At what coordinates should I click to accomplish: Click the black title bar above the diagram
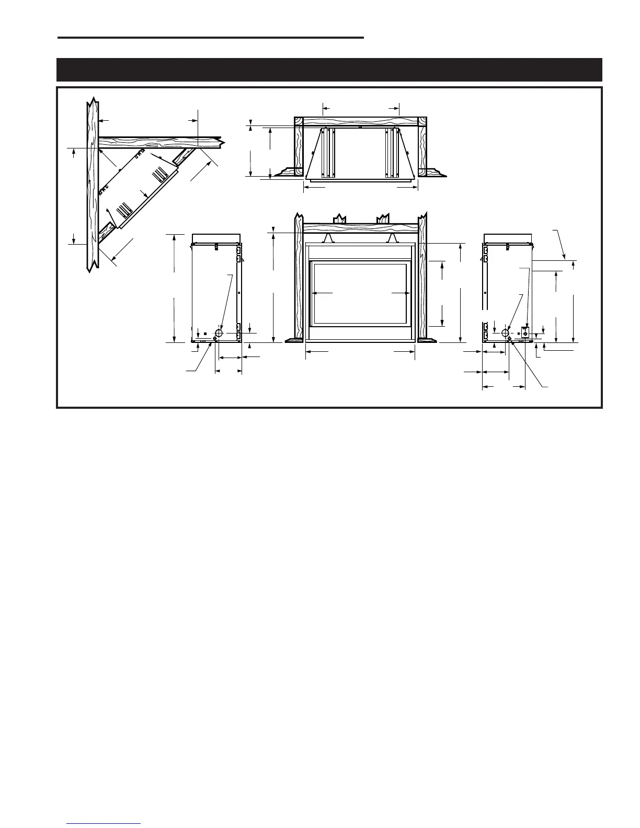pyautogui.click(x=329, y=70)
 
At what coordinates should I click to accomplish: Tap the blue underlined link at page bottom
pyautogui.click(x=104, y=824)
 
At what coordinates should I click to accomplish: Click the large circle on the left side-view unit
pyautogui.click(x=219, y=333)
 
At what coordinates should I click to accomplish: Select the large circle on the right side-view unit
pyautogui.click(x=505, y=333)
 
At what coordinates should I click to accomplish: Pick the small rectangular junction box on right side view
pyautogui.click(x=525, y=332)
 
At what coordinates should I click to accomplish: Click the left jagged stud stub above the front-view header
pyautogui.click(x=340, y=218)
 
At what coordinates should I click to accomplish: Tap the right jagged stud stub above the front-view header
pyautogui.click(x=384, y=218)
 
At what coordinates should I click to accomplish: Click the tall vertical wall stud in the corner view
pyautogui.click(x=92, y=183)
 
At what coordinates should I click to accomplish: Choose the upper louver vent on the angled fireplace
pyautogui.click(x=159, y=172)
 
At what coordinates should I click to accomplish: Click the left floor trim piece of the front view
pyautogui.click(x=294, y=340)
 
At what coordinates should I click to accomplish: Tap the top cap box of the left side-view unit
pyautogui.click(x=216, y=239)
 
